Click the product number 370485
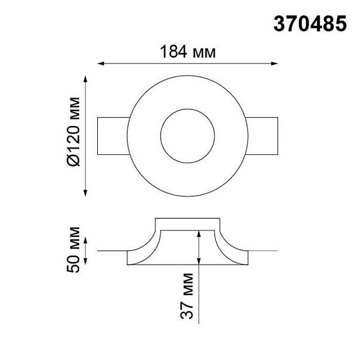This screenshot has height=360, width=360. click(310, 24)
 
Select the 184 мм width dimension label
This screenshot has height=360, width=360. click(188, 52)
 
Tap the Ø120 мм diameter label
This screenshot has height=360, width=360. click(74, 131)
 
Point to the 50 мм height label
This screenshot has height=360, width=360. click(73, 250)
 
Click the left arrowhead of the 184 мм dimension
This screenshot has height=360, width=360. click(101, 64)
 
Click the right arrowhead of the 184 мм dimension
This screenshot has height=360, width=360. click(274, 64)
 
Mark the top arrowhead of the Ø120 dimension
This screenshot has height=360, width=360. click(85, 79)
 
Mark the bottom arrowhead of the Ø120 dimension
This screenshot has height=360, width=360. click(85, 193)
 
